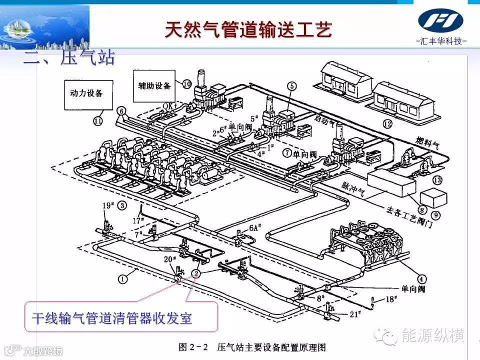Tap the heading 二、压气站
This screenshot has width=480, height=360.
pyautogui.click(x=69, y=57)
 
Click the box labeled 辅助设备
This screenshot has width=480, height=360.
pyautogui.click(x=154, y=85)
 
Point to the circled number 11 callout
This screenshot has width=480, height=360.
pyautogui.click(x=98, y=120)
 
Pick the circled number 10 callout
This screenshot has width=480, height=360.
pyautogui.click(x=187, y=84)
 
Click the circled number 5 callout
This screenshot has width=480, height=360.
pyautogui.click(x=292, y=85)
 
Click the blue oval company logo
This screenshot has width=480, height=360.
pyautogui.click(x=440, y=20)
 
